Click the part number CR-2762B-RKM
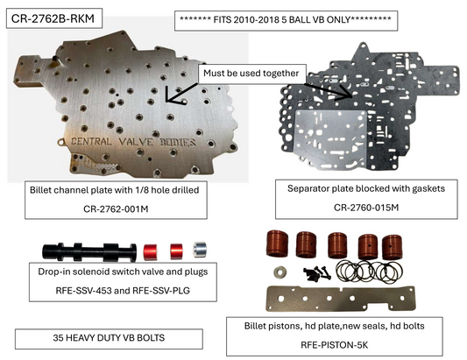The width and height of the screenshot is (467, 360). click(x=53, y=18)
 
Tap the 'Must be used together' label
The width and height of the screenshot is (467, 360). click(x=251, y=74)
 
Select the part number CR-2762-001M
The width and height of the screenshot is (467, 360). click(x=116, y=209)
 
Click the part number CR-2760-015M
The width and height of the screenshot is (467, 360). click(x=366, y=208)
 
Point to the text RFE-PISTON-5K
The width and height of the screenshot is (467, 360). click(x=334, y=345)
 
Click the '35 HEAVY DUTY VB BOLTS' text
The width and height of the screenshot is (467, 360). click(x=109, y=338)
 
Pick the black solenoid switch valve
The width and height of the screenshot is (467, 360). click(x=89, y=252)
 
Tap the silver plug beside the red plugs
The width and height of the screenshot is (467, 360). click(x=200, y=250)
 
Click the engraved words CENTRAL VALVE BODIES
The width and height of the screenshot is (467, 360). click(x=133, y=142)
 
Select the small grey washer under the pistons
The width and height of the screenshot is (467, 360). click(x=279, y=272)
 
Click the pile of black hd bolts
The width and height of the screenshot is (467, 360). click(x=316, y=273)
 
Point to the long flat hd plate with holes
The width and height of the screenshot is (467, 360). click(x=340, y=299)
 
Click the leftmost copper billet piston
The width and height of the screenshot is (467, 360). click(x=277, y=244)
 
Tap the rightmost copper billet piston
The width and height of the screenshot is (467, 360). click(x=392, y=247)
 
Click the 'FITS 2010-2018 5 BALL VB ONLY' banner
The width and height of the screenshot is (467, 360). click(x=286, y=20)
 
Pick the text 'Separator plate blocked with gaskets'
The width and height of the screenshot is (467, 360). click(x=366, y=188)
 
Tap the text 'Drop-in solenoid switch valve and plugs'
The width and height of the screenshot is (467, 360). click(x=123, y=272)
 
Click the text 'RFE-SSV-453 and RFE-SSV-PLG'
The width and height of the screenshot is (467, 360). click(x=123, y=290)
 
